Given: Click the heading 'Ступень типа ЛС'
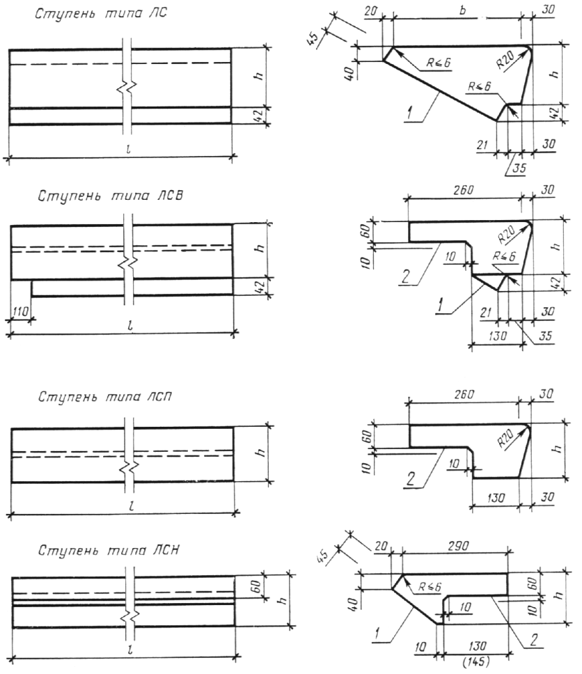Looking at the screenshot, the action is pyautogui.click(x=100, y=14).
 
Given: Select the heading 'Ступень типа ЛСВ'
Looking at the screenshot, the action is pyautogui.click(x=110, y=196).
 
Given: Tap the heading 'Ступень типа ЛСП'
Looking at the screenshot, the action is pyautogui.click(x=105, y=396).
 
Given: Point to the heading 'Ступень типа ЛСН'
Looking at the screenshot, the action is pyautogui.click(x=109, y=550).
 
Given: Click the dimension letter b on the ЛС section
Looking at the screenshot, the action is pyautogui.click(x=462, y=10).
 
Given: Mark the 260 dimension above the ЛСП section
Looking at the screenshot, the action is pyautogui.click(x=464, y=393).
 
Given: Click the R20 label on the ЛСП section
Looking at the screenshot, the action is pyautogui.click(x=505, y=439).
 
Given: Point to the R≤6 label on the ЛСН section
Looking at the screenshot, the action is pyautogui.click(x=430, y=587).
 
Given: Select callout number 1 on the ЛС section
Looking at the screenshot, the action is pyautogui.click(x=409, y=113).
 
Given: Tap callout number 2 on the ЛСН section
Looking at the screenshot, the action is pyautogui.click(x=534, y=640).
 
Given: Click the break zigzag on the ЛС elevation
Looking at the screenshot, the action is pyautogui.click(x=127, y=87).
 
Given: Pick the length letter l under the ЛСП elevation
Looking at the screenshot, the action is pyautogui.click(x=132, y=506).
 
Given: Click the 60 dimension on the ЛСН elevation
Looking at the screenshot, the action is pyautogui.click(x=255, y=586).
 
